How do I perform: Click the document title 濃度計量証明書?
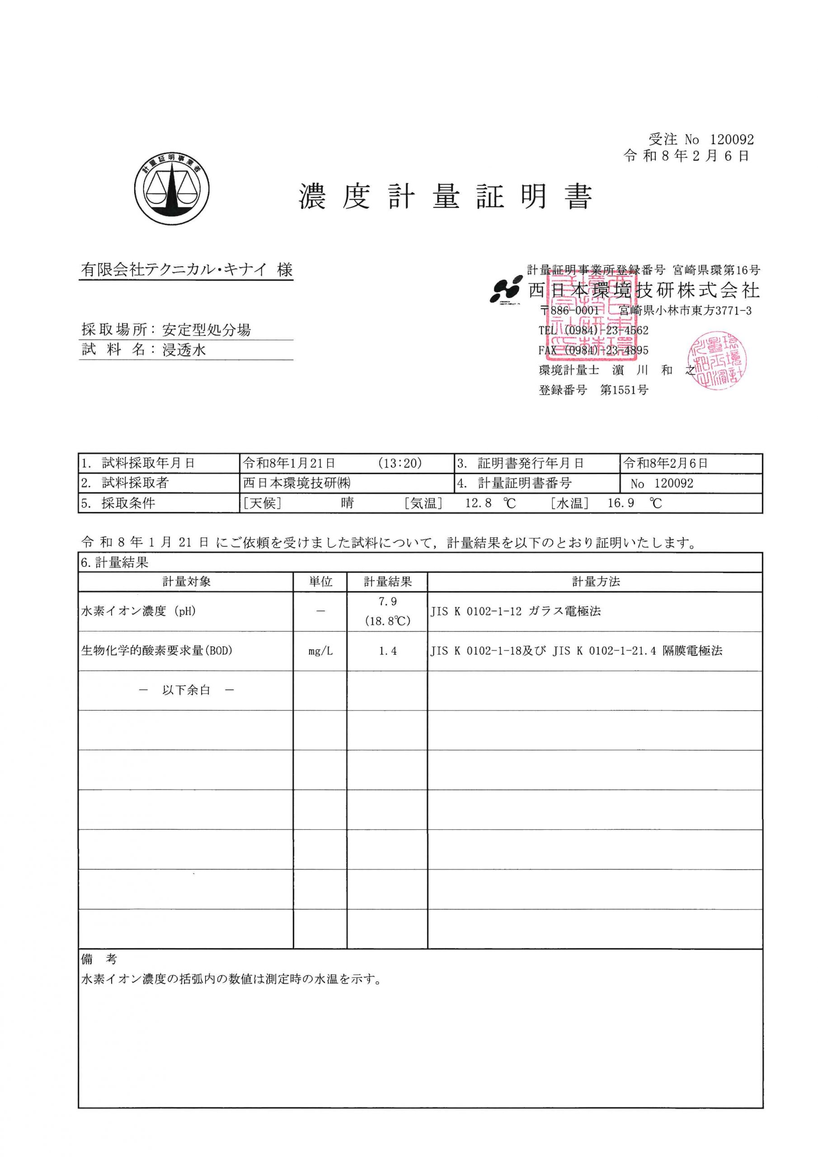(446, 197)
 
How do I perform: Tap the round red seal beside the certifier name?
(717, 360)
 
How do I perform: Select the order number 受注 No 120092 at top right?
(701, 140)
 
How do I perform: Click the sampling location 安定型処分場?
(207, 330)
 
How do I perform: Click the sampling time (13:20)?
(400, 463)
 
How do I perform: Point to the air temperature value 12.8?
(478, 503)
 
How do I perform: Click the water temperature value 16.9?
(621, 503)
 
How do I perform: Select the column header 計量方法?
(596, 582)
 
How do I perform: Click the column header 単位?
(320, 582)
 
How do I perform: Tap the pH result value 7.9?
(388, 602)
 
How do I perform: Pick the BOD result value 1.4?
(388, 651)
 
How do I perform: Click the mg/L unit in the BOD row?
(320, 651)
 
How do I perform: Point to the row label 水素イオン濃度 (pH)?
(139, 611)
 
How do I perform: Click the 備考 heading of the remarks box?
(99, 959)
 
